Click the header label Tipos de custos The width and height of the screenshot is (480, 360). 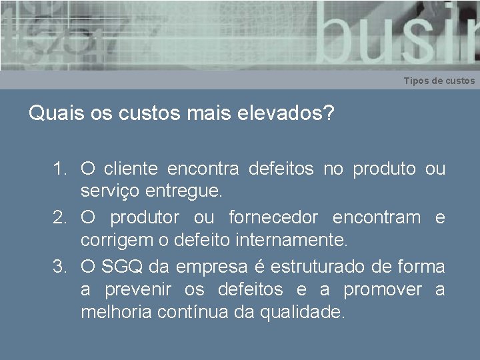439,81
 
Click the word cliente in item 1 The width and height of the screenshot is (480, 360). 131,169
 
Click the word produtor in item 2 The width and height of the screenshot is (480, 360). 145,217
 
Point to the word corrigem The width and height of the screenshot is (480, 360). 112,240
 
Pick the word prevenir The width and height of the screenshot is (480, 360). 139,290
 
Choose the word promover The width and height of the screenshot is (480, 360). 383,290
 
